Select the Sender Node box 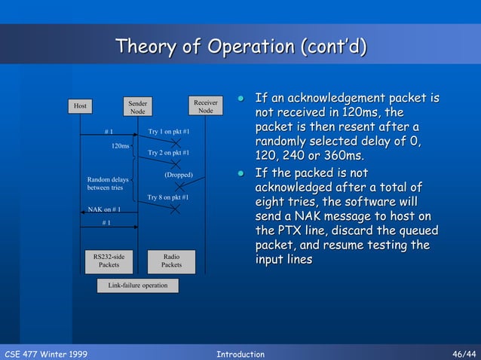[x=138, y=107]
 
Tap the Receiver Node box [x=206, y=106]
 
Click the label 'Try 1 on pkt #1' [x=168, y=132]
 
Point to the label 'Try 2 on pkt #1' [x=168, y=153]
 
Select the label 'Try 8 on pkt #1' [x=168, y=197]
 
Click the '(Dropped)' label [x=179, y=175]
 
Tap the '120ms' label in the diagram [x=120, y=145]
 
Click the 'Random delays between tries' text [x=108, y=184]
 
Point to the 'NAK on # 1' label [x=105, y=209]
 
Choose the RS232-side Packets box [x=109, y=261]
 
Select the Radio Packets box [x=171, y=261]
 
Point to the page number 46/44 [x=463, y=353]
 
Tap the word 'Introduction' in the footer [x=240, y=353]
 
